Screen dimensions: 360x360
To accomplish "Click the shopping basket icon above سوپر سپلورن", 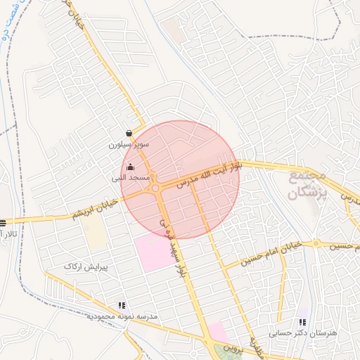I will (x=129, y=133).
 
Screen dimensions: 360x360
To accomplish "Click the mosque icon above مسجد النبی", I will (x=130, y=167).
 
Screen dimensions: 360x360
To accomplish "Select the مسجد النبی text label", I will (x=131, y=179).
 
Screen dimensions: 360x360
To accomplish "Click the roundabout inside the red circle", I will (x=155, y=188).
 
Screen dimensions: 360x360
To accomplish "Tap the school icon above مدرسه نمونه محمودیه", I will (x=122, y=306).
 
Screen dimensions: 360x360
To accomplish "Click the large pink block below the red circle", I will (x=153, y=252).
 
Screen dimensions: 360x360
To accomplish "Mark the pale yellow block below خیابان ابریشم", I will (x=96, y=235).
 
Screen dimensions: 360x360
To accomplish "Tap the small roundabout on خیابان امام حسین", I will (x=317, y=244).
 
